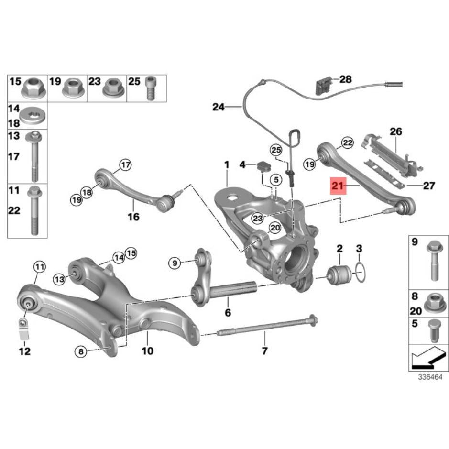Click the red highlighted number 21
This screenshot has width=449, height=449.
[338, 186]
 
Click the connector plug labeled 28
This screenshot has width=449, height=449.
[321, 86]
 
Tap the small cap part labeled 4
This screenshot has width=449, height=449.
[263, 166]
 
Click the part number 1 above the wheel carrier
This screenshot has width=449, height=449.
[227, 165]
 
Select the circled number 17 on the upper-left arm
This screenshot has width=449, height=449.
[125, 165]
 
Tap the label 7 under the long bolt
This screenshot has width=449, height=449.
[264, 352]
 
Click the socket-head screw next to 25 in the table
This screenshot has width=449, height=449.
[150, 87]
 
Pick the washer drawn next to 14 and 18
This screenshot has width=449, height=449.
[35, 116]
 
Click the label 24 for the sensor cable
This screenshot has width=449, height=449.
[218, 107]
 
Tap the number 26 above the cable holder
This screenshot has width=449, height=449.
[396, 131]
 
